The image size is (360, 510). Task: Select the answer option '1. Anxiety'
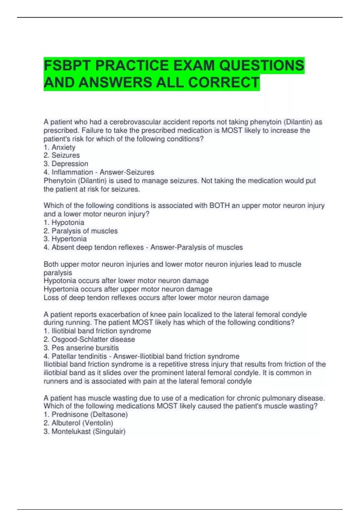pyautogui.click(x=59, y=147)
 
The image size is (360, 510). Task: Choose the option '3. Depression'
pyautogui.click(x=66, y=164)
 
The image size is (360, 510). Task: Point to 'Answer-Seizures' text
pyautogui.click(x=127, y=172)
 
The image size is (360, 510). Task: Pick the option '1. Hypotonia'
pyautogui.click(x=64, y=223)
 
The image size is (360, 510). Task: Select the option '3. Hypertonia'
pyautogui.click(x=65, y=239)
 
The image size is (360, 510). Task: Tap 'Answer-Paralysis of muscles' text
pyautogui.click(x=196, y=247)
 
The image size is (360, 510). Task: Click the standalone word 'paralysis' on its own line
pyautogui.click(x=58, y=273)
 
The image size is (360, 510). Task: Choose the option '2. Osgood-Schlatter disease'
pyautogui.click(x=89, y=339)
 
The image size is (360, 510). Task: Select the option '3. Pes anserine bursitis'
pyautogui.click(x=81, y=348)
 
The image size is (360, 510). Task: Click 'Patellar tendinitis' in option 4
pyautogui.click(x=79, y=356)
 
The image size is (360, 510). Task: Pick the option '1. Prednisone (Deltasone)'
pyautogui.click(x=86, y=415)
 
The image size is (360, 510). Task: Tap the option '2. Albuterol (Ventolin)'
pyautogui.click(x=78, y=423)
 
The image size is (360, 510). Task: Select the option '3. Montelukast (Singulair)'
pyautogui.click(x=85, y=431)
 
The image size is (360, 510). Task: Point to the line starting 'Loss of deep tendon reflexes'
pyautogui.click(x=156, y=298)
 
